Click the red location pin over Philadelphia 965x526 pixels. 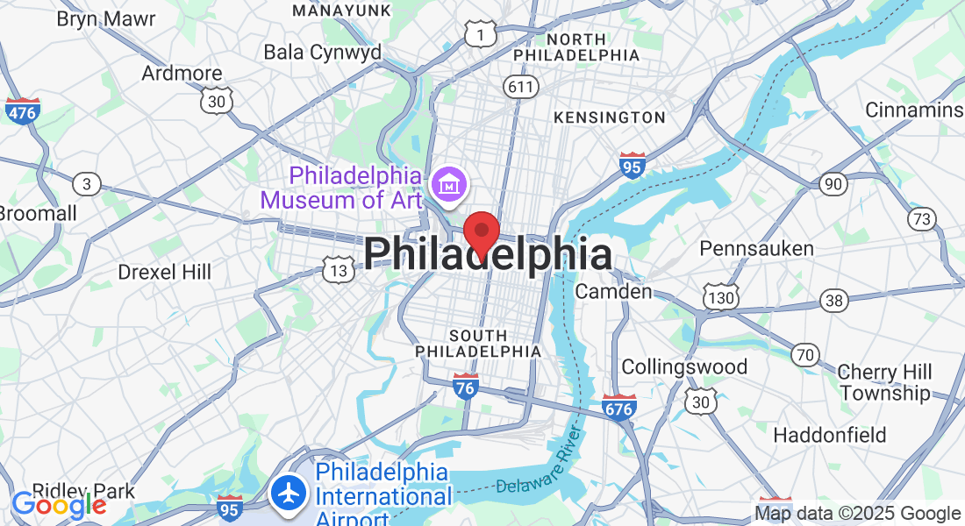(x=481, y=231)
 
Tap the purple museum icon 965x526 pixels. (x=451, y=184)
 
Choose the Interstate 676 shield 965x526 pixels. (x=619, y=407)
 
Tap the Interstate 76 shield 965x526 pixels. (x=466, y=387)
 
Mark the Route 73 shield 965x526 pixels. (x=921, y=219)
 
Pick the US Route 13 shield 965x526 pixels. (x=339, y=270)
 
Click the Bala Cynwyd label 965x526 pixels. (x=323, y=52)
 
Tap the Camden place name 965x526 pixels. (x=613, y=291)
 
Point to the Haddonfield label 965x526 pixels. (x=830, y=435)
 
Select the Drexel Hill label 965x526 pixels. (x=165, y=272)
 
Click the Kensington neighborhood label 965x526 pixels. (x=610, y=117)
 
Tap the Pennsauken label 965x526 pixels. (x=756, y=249)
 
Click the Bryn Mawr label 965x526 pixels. (x=106, y=18)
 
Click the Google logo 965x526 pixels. (x=59, y=505)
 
